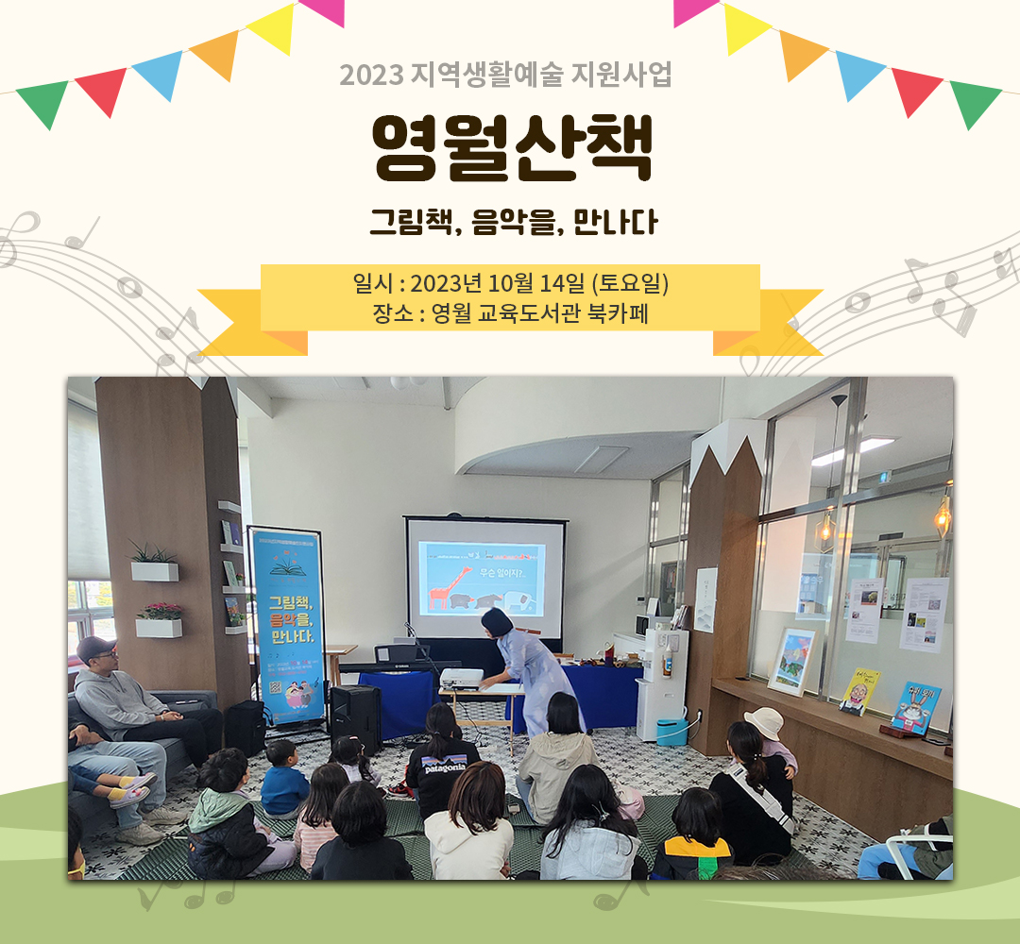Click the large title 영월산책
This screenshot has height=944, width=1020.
tap(511, 149)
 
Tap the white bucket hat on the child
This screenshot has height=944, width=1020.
tap(763, 724)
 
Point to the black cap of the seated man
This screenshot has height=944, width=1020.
tap(95, 648)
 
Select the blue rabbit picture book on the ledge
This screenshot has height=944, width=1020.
tap(915, 706)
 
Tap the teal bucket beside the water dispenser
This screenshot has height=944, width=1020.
tap(671, 731)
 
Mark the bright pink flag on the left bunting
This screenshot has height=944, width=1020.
tap(321, 10)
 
